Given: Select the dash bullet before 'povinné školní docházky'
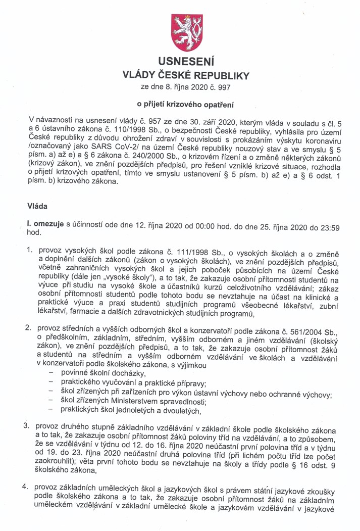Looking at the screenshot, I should (x=51, y=373).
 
